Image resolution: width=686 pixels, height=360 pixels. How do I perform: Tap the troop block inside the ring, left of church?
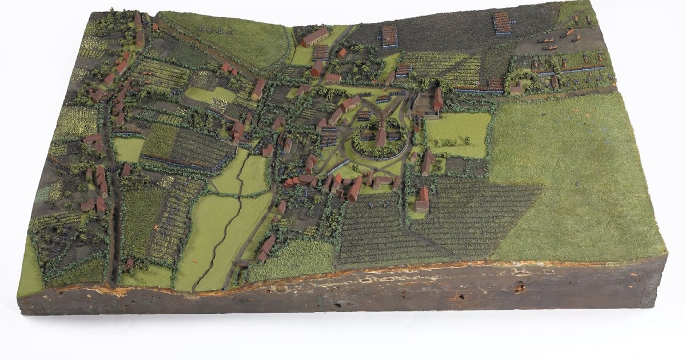click(366, 136)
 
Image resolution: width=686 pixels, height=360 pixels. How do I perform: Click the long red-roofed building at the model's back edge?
click(315, 37)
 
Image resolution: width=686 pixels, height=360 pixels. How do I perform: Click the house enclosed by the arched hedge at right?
click(517, 88)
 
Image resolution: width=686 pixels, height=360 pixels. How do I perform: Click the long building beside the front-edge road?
click(266, 247)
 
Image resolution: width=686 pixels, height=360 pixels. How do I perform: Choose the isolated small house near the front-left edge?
click(130, 264)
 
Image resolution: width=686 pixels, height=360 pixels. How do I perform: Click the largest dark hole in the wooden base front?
click(519, 289)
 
